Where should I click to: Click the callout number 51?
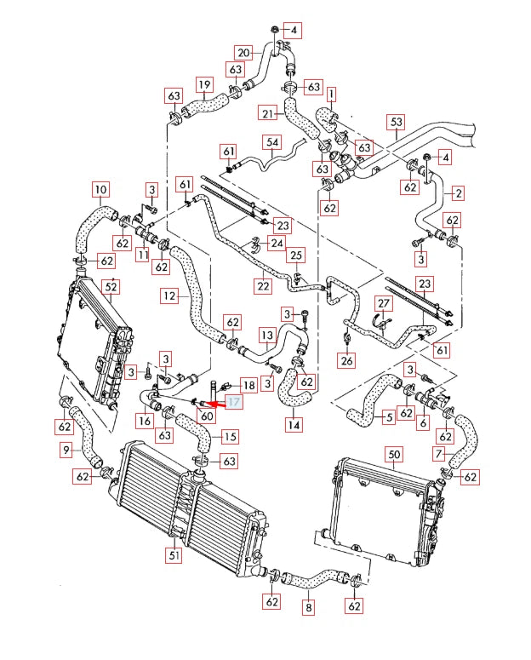coord(174,556)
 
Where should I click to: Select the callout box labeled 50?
coord(394,454)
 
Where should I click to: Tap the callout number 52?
coord(110,287)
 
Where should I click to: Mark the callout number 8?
coord(308,608)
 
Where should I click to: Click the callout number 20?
coord(244,52)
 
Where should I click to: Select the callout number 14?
coord(294,424)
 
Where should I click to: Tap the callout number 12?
coord(170,296)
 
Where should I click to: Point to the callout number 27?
coord(384,304)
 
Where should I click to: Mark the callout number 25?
coord(295,255)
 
